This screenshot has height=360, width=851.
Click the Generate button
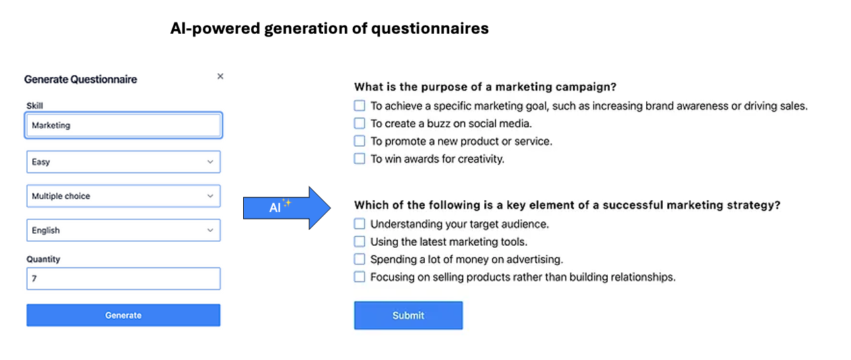[123, 315]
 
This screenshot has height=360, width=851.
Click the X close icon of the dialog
[221, 77]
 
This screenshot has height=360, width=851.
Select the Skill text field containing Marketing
[124, 125]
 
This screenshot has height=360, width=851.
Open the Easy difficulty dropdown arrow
[210, 162]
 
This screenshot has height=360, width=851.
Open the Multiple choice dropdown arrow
[210, 196]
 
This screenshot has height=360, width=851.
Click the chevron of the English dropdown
[210, 230]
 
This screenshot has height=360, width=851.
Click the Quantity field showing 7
[124, 278]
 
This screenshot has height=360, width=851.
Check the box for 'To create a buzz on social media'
[359, 124]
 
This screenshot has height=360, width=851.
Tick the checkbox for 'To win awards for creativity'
[359, 159]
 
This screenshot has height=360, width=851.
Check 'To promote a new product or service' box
[359, 141]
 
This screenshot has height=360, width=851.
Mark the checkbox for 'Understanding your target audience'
[359, 224]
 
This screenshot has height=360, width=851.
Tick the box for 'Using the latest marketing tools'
[359, 242]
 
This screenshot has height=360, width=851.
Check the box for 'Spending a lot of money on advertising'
[359, 259]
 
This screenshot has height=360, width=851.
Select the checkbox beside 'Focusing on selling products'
[359, 277]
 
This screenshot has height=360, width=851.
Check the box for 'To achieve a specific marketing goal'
[359, 106]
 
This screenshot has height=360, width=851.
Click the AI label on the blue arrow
[275, 207]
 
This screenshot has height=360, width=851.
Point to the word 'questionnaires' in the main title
[429, 28]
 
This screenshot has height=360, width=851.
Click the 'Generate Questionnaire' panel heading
[81, 79]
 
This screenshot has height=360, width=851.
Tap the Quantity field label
[44, 259]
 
